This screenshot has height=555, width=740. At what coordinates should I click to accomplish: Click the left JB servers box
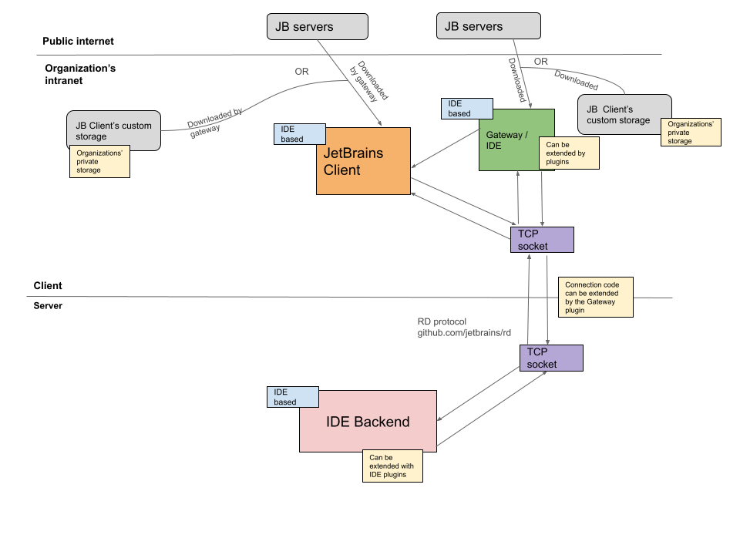tap(317, 27)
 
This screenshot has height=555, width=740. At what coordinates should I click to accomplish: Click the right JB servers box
tap(489, 27)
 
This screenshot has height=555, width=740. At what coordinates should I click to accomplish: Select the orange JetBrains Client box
tap(363, 161)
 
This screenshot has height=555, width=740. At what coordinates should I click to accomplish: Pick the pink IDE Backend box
tap(368, 422)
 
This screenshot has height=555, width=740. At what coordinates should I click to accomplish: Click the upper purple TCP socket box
tap(542, 240)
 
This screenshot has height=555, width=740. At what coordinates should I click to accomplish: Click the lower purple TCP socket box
tap(550, 358)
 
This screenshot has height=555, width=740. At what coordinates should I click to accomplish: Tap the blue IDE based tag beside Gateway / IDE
tap(470, 109)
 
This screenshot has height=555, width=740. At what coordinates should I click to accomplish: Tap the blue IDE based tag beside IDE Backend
tap(292, 397)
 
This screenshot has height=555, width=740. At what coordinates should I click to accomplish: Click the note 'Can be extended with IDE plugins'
tap(392, 466)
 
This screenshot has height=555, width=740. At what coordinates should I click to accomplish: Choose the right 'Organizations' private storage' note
tap(691, 132)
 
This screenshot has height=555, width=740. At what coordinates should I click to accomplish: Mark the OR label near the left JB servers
tap(302, 72)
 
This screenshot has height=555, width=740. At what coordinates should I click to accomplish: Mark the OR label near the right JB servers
tap(541, 62)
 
